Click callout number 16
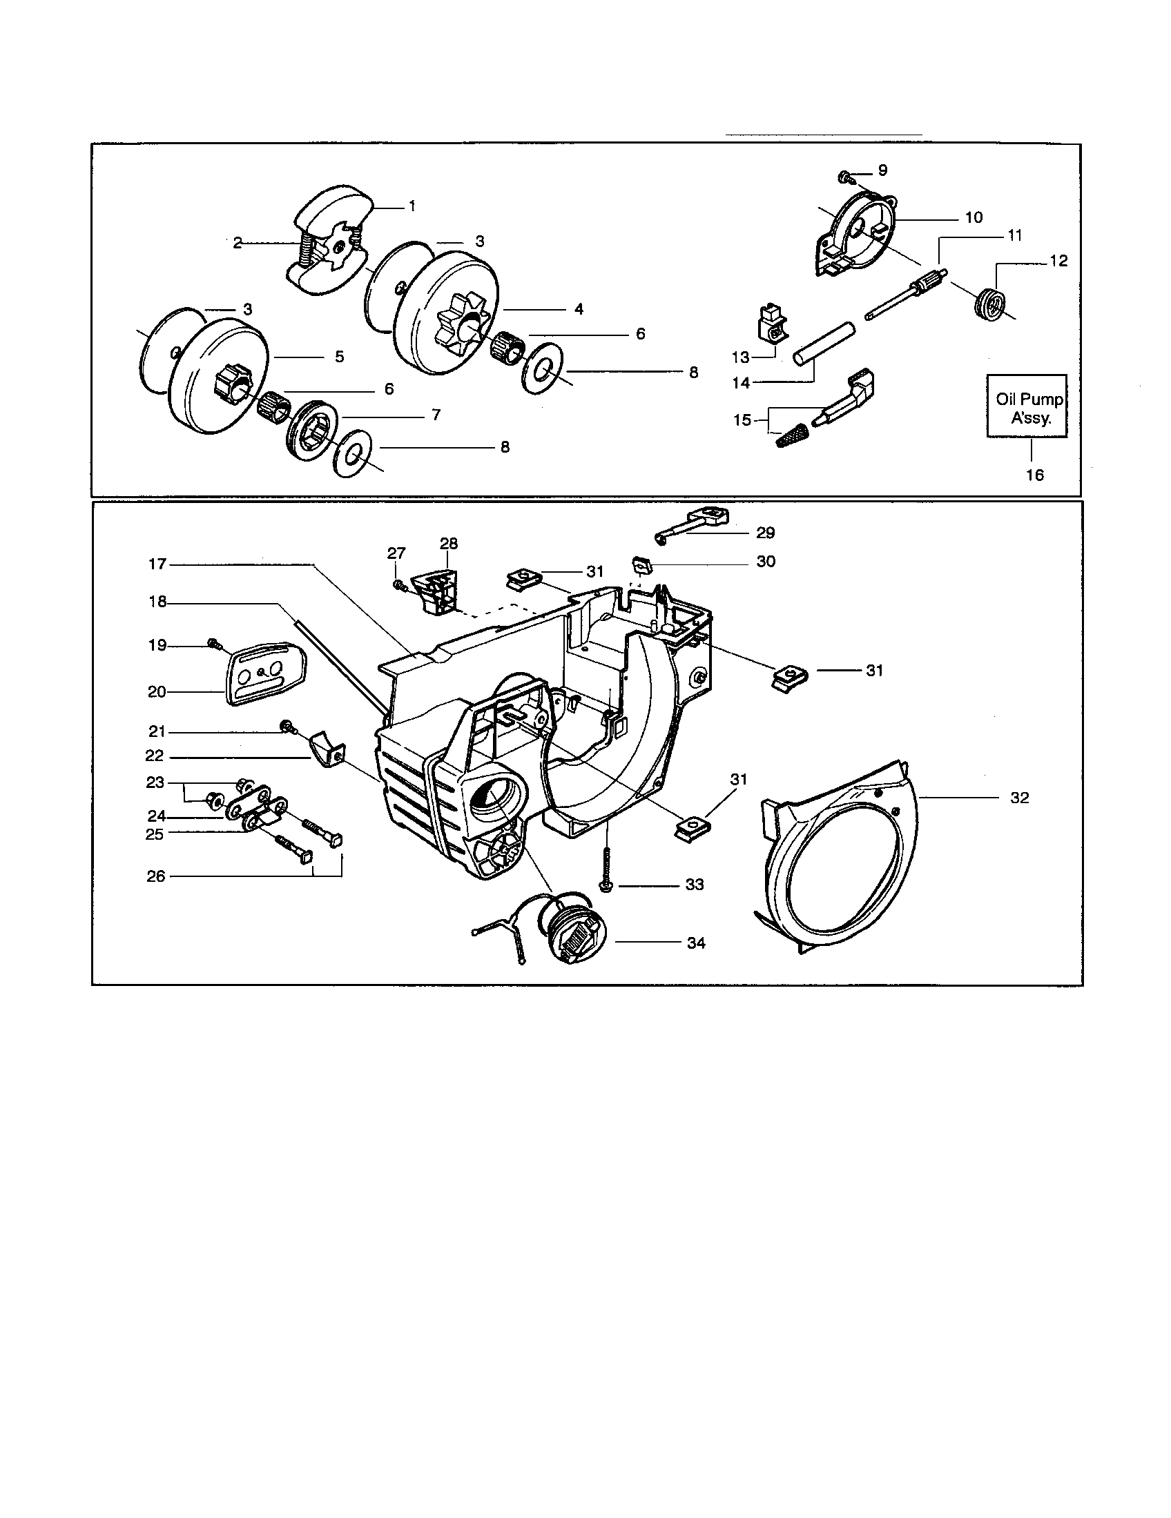coord(1035,475)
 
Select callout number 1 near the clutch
coord(412,206)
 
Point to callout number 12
coord(1058,262)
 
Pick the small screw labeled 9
coord(845,175)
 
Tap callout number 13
coord(741,357)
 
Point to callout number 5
coord(339,357)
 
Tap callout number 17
coord(157,564)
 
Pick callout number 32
coord(1019,798)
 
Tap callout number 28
coord(449,543)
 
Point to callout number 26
coord(156,876)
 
